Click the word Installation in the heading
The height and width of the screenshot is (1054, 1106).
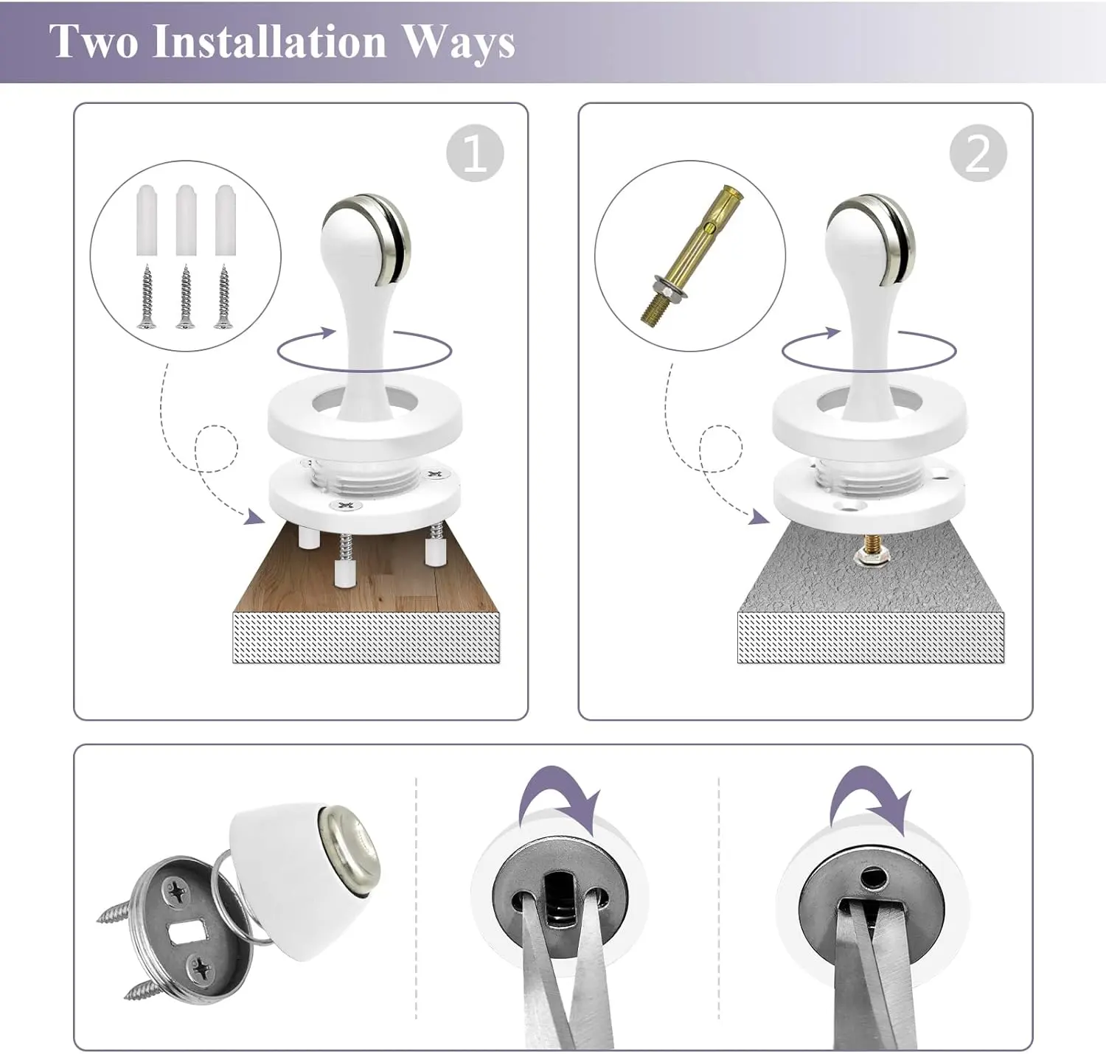point(269,41)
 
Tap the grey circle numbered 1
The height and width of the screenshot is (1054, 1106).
point(475,153)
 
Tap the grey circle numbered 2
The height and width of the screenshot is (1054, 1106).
point(978,153)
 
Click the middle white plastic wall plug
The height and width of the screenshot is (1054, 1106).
point(187,220)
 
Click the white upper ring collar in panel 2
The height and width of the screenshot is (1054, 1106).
point(870,416)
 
